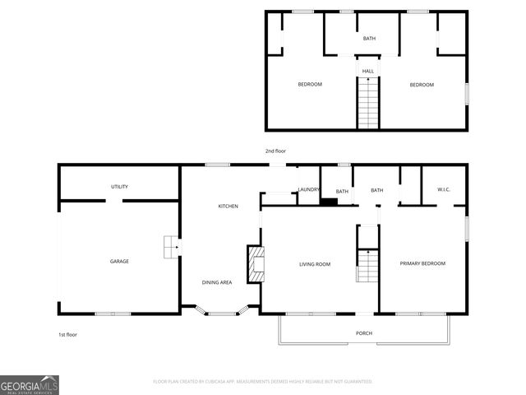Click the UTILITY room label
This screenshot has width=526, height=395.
point(119,187)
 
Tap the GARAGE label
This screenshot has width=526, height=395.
point(119,262)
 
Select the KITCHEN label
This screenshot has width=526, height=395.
point(228,206)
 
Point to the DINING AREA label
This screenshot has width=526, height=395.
point(217,282)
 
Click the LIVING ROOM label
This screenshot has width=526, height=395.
point(314,264)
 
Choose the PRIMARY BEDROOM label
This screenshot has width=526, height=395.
point(422,263)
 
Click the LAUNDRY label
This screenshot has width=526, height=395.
point(309,191)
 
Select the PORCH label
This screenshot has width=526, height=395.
point(364,333)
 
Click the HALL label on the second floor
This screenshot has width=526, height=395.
point(368,72)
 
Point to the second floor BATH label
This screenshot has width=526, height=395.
point(370,39)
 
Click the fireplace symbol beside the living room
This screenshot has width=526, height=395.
point(256,263)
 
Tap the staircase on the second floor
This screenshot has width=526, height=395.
point(368,104)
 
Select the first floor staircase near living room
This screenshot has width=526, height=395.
point(367,266)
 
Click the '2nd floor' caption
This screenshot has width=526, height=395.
point(275,151)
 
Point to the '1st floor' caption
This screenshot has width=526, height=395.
point(67,335)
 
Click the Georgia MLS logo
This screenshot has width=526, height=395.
point(30,385)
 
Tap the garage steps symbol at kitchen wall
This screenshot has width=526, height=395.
point(171,246)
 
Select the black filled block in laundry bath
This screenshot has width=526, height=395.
point(329,201)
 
